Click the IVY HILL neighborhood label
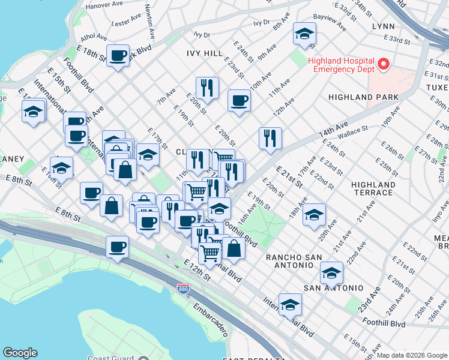pos(205,53)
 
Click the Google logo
pos(20,353)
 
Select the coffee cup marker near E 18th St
pos(118,56)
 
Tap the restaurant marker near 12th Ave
pos(270,138)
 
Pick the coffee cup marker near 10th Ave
pos(239,100)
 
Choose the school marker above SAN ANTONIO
pos(331,273)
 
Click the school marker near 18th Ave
pos(314,214)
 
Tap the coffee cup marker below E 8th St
pos(117,246)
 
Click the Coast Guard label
pos(110,358)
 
